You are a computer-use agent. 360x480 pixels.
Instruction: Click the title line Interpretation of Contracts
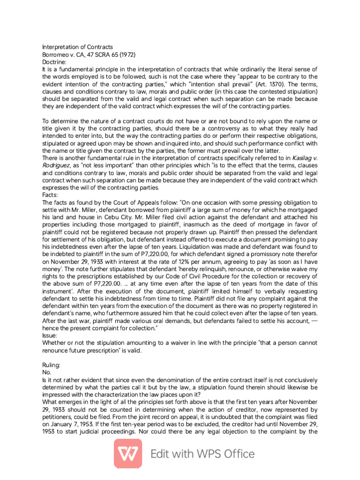pyautogui.click(x=77, y=47)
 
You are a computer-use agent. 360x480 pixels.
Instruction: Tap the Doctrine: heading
pyautogui.click(x=55, y=62)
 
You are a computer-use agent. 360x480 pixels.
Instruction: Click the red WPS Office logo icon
pyautogui.click(x=128, y=454)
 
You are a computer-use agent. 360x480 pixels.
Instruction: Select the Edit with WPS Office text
pyautogui.click(x=202, y=454)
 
